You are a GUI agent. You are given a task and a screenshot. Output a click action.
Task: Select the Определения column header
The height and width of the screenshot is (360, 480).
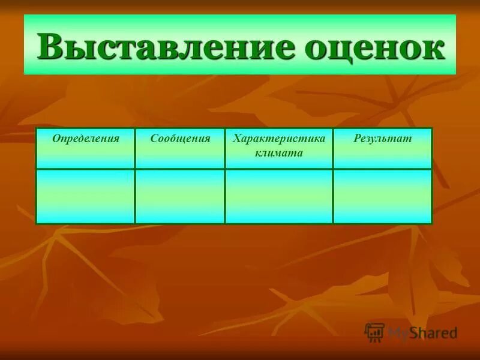coord(85,139)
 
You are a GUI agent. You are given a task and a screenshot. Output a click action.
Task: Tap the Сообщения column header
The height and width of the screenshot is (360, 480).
coord(180,139)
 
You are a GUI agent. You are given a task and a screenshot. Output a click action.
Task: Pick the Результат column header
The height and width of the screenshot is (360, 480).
coord(382,139)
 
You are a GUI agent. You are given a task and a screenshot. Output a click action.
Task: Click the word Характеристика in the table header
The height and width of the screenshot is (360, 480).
coord(279,139)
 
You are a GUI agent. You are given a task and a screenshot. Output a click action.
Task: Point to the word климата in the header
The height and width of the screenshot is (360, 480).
coord(279,153)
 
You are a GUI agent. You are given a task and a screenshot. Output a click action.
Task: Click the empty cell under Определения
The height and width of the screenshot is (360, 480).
coord(85,196)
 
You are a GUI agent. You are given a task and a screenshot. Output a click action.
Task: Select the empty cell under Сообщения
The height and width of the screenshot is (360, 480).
coord(180,196)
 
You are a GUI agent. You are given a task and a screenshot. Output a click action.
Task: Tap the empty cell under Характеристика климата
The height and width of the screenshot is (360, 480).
coord(279,196)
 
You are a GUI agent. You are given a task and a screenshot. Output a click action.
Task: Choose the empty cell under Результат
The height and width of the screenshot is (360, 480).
coord(382,196)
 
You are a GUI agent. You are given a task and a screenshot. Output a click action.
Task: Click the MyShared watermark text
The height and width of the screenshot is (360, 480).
coord(422,332)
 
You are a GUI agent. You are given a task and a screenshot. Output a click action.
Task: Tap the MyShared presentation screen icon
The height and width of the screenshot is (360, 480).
coord(375,332)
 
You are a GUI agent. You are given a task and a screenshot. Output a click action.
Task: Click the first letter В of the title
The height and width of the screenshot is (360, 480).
coord(50,47)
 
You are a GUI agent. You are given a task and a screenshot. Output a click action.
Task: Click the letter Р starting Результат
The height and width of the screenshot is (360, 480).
coord(356,139)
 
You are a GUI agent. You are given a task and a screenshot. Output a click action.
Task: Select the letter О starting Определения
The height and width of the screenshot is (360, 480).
coord(56,139)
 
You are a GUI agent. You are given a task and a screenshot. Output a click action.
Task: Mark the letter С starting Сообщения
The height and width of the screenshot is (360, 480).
coord(154,139)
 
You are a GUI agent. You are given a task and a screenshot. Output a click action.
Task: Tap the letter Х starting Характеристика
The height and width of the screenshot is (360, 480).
coord(236,139)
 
